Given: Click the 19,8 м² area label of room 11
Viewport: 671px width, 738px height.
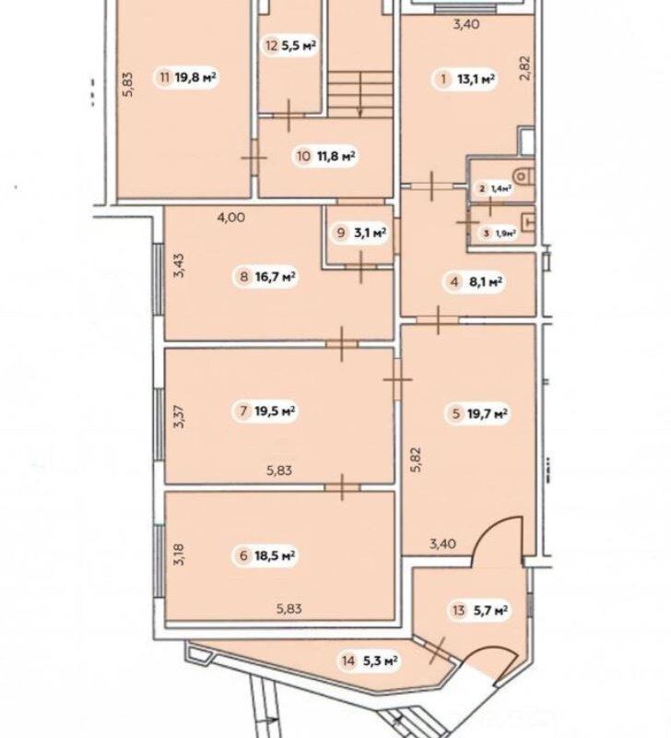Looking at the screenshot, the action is [195, 77].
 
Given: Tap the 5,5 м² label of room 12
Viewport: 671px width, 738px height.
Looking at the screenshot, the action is [298, 45].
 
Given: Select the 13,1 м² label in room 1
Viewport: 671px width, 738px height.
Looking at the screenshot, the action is [476, 79].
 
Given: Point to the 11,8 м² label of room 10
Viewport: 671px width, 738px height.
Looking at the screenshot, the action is [335, 156].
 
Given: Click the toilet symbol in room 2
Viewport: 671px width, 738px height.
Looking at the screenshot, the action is [524, 176].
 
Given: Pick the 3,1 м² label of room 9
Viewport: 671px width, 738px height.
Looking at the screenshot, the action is [370, 232].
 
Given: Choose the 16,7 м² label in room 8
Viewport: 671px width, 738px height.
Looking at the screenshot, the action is [275, 276].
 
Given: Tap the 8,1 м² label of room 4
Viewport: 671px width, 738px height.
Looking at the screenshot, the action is [486, 282].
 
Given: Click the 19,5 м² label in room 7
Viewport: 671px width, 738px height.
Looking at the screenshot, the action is [275, 411].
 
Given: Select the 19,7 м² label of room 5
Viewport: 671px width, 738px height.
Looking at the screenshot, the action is [488, 414].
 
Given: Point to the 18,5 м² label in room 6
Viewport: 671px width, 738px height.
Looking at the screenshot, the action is [275, 556].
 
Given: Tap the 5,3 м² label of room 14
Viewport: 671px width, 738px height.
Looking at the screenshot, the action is [381, 661].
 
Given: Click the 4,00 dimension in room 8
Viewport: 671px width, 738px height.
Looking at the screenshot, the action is [230, 218].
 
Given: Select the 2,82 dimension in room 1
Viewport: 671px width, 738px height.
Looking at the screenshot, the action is [525, 68].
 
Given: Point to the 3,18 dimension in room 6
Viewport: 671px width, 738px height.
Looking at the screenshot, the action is [179, 554].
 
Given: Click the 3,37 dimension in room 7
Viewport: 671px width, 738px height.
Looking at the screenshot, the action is [179, 417].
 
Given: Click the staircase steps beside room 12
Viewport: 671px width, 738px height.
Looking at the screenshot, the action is [360, 94].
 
